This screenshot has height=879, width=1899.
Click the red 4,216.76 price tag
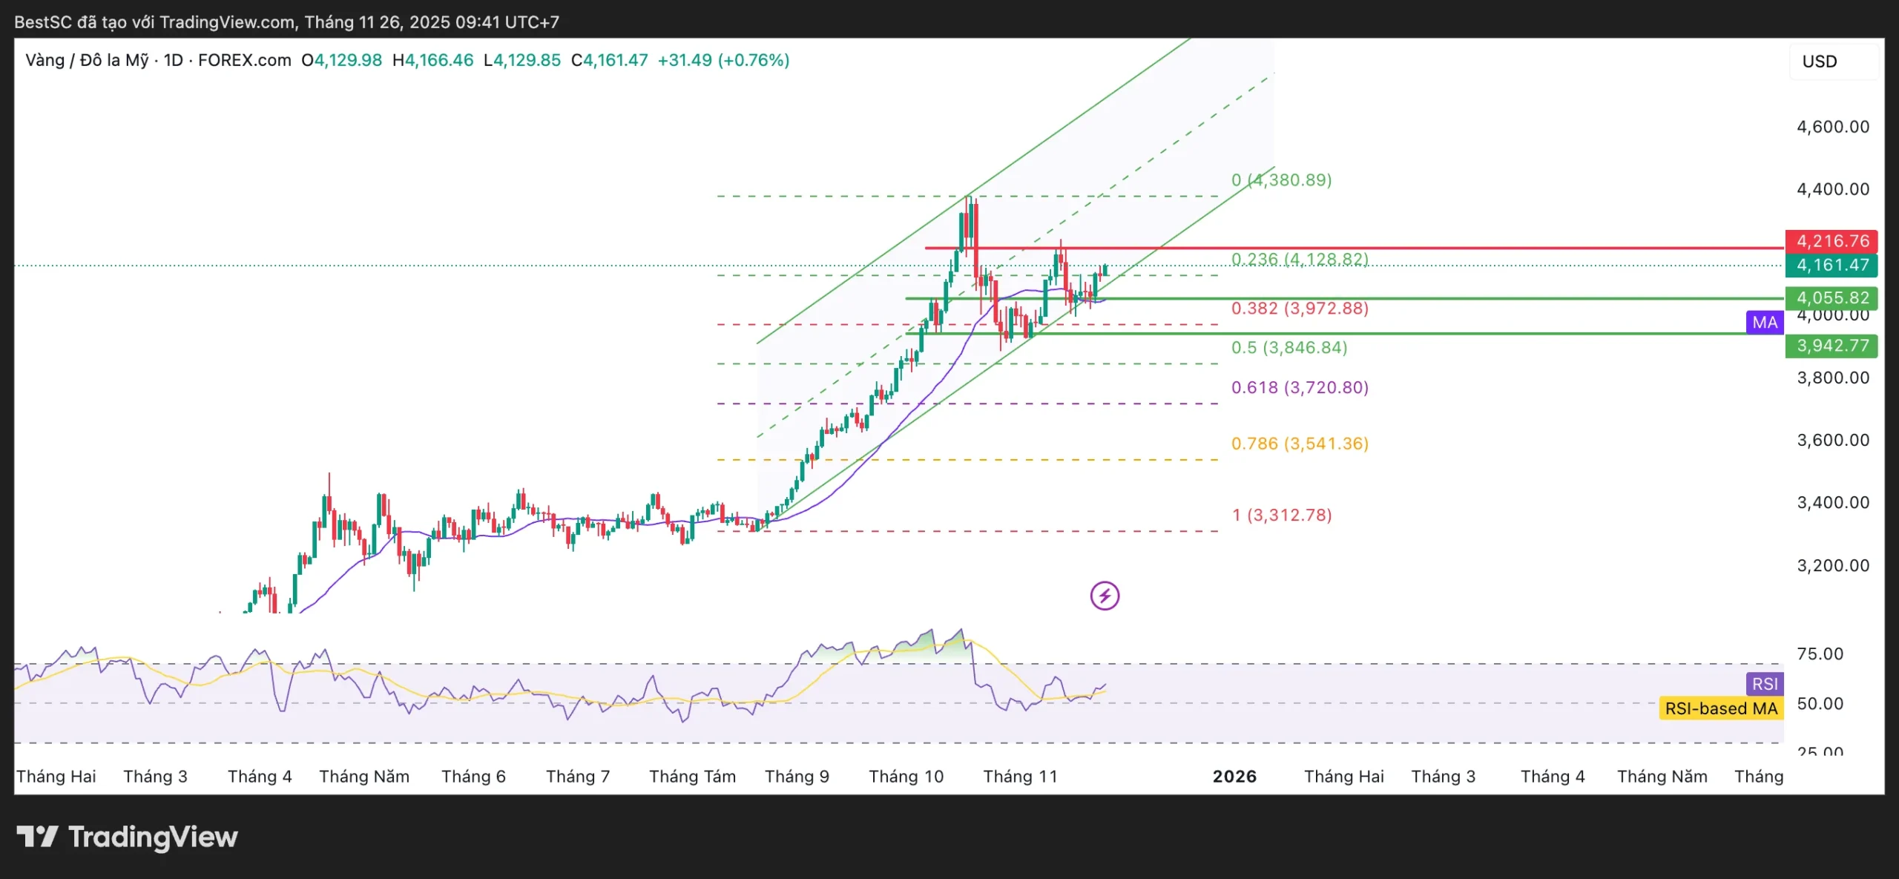(1831, 241)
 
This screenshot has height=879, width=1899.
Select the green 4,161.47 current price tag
(1831, 265)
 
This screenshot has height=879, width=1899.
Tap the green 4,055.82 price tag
(1831, 297)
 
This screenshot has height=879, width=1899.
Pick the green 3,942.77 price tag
(1831, 346)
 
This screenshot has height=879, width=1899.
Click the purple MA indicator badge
(1765, 323)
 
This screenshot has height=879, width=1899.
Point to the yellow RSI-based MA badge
(1721, 708)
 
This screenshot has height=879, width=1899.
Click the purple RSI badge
(1765, 684)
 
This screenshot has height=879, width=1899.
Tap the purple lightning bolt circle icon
(1105, 596)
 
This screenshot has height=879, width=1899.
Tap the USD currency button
(1820, 62)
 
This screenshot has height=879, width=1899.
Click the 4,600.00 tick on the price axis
(1832, 127)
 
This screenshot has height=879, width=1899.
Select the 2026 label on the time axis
(1234, 777)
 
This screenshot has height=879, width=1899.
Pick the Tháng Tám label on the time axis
(692, 777)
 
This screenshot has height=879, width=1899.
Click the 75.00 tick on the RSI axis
(1820, 654)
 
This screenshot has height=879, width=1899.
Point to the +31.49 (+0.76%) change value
(723, 60)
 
